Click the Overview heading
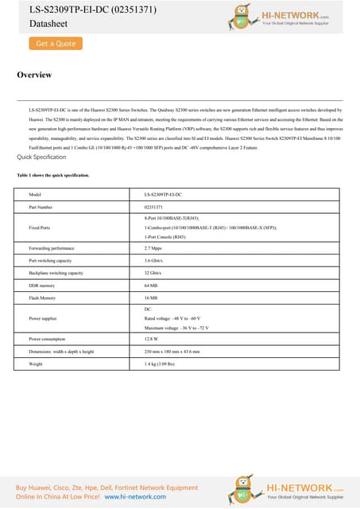[34, 75]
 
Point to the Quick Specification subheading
[41, 157]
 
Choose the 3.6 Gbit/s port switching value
[155, 261]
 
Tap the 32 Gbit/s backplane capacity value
[154, 273]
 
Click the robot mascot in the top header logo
[239, 16]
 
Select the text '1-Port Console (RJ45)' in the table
[165, 237]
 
